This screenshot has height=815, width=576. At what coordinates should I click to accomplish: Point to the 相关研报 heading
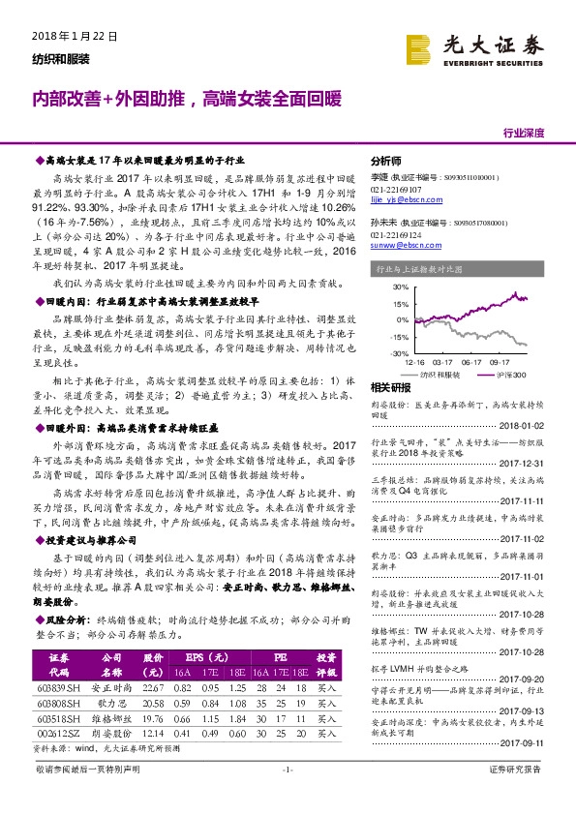click(x=391, y=388)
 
